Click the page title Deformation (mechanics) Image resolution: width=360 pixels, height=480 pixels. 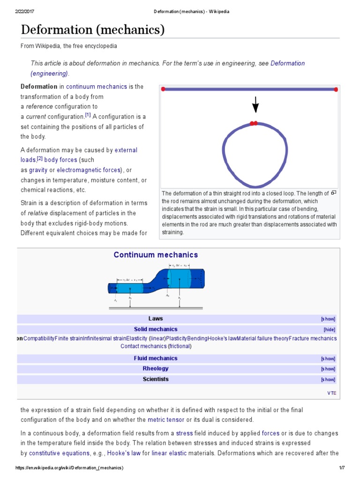point(93,30)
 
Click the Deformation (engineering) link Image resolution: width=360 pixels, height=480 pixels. point(49,74)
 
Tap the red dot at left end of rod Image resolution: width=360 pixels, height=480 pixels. point(163,89)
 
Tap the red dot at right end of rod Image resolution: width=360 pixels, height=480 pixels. point(336,89)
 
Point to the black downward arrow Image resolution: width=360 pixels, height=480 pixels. point(255,105)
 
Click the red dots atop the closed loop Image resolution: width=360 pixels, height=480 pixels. point(254,123)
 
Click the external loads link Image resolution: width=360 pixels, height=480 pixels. point(126,150)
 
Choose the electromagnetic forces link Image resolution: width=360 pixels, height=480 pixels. point(89,170)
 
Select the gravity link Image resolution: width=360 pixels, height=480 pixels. point(38,170)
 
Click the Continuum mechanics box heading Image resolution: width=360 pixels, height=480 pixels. point(156,255)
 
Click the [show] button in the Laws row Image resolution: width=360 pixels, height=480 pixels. point(328,319)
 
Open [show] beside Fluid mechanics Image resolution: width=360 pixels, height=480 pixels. point(328,359)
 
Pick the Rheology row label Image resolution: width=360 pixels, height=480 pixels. point(156,369)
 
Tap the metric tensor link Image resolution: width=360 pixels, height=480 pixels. point(166,420)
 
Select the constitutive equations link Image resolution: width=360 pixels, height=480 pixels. point(59,453)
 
